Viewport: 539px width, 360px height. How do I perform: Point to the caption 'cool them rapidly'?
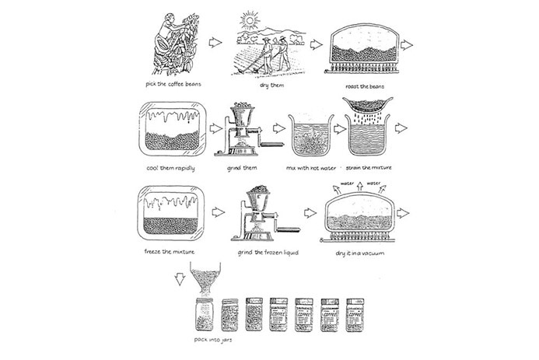165,167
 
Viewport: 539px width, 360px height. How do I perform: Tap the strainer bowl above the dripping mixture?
368,104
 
